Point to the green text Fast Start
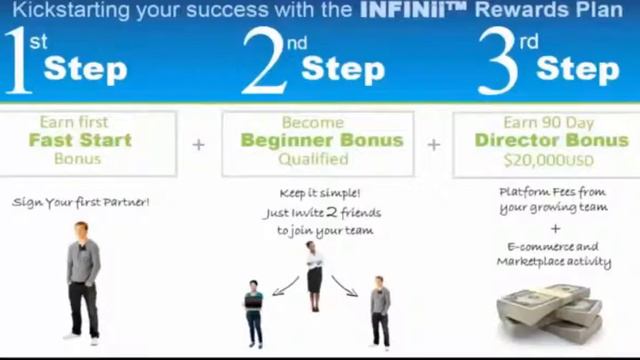79,140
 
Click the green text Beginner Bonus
321,140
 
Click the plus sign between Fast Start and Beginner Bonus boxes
199,144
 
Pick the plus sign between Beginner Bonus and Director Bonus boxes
433,144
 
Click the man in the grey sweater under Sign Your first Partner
83,280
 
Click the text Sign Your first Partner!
80,201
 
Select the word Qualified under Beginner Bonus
321,159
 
